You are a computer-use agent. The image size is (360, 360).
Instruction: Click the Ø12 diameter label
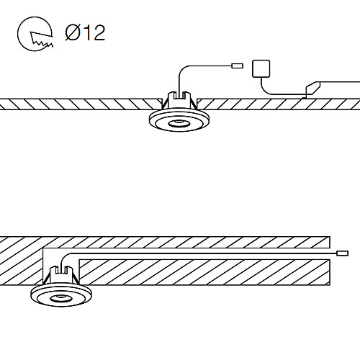pos(85,32)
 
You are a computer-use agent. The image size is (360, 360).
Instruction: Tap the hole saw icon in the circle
pos(35,34)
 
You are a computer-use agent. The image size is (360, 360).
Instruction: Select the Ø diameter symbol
pos(73,32)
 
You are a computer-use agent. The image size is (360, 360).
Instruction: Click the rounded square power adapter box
pos(261,68)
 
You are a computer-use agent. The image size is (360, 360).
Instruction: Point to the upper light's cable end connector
pos(237,66)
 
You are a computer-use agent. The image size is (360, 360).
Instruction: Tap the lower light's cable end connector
pos(343,253)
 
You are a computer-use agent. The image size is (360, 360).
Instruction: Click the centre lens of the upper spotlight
pos(179,124)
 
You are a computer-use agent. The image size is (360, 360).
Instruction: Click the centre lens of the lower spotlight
pos(61,299)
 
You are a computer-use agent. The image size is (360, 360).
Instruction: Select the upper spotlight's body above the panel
pos(179,99)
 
